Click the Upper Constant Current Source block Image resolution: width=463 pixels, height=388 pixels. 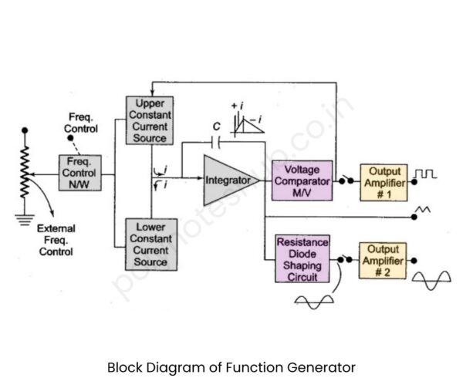(150, 120)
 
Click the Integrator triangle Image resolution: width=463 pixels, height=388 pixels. (225, 180)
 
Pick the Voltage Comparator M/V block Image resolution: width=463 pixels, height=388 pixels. (306, 180)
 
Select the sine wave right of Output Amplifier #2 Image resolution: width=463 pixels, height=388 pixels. (431, 281)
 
